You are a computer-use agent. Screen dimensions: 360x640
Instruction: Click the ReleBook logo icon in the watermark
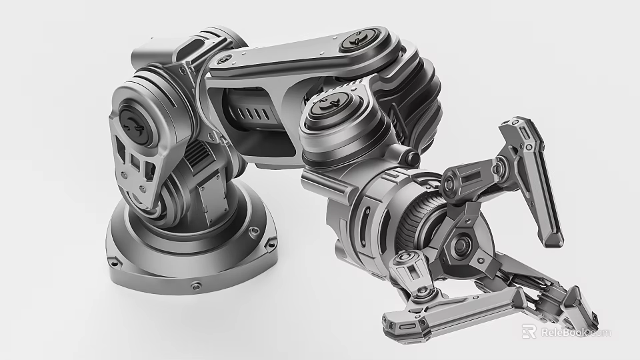[x=529, y=331]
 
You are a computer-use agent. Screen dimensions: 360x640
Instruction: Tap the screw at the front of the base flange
[x=195, y=286]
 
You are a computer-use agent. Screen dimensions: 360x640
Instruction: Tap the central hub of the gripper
[x=459, y=245]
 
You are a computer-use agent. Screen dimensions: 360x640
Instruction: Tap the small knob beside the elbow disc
[x=411, y=157]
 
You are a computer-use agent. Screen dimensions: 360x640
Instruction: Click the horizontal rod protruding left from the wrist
[x=319, y=179]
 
